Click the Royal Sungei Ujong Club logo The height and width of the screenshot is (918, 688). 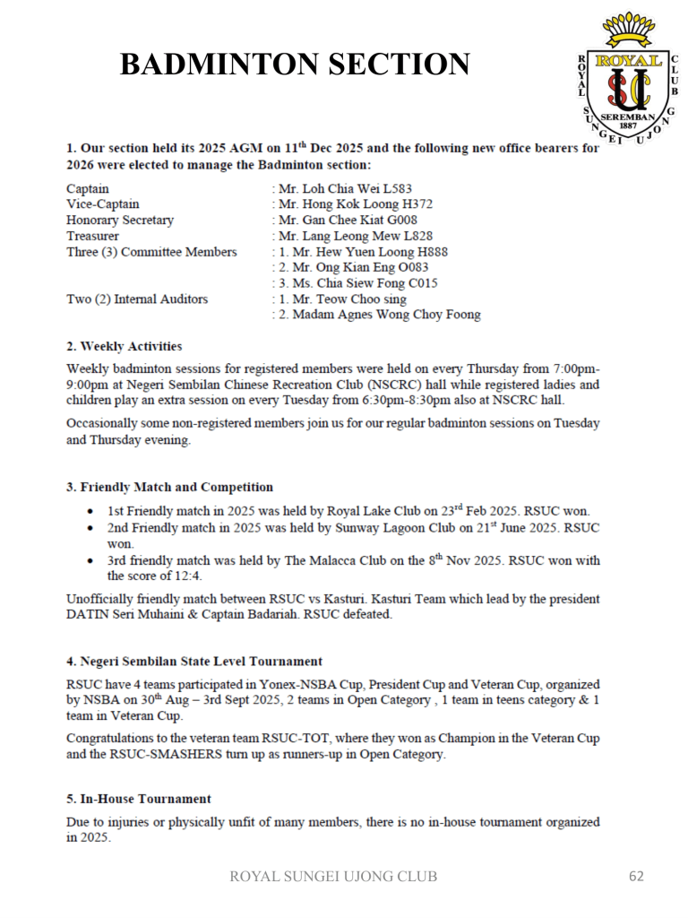point(628,82)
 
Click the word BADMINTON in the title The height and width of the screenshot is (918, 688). point(219,65)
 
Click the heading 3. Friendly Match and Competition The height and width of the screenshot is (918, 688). point(169,487)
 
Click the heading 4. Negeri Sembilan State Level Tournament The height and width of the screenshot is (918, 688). point(194,662)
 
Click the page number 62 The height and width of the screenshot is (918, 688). point(636,876)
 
